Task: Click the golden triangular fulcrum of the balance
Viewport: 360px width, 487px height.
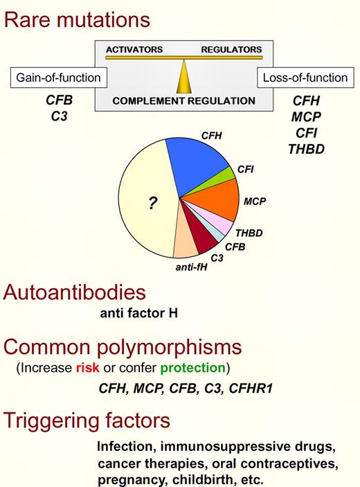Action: (x=183, y=76)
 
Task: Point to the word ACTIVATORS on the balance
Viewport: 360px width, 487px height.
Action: (x=134, y=50)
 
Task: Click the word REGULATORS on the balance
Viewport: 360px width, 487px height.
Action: (x=231, y=50)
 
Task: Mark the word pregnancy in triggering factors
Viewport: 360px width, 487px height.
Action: (x=125, y=477)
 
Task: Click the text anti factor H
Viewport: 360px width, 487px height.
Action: (x=138, y=314)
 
